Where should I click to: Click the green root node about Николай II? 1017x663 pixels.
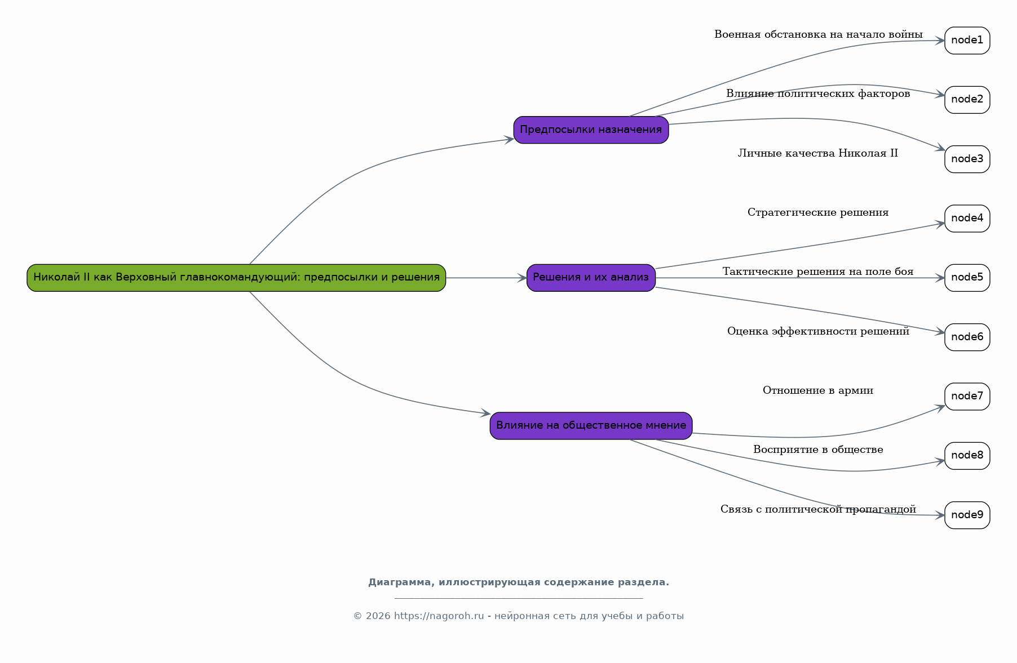(x=236, y=278)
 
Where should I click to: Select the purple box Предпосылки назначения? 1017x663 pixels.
(x=591, y=130)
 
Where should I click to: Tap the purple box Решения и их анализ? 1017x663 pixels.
(x=591, y=278)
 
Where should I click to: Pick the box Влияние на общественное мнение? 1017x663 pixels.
(x=591, y=426)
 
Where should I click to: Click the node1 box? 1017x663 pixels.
(x=967, y=41)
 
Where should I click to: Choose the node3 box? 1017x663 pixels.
(x=967, y=159)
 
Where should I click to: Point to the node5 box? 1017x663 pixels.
(x=967, y=278)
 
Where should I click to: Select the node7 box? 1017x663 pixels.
(x=967, y=397)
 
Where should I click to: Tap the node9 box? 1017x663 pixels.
(x=967, y=515)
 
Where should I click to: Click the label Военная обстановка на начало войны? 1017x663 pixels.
(x=818, y=34)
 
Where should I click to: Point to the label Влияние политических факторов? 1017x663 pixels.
(x=818, y=94)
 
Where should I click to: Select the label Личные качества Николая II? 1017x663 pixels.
(x=818, y=153)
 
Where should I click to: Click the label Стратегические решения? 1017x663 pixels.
(x=818, y=212)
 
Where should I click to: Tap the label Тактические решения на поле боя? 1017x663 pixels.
(x=818, y=272)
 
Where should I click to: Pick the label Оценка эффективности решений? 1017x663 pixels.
(x=818, y=331)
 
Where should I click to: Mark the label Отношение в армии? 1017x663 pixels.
(x=818, y=390)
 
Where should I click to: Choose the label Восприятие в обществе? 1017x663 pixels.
(x=818, y=450)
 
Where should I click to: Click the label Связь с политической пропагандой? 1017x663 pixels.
(x=818, y=509)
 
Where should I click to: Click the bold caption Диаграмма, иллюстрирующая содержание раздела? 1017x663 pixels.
(x=519, y=582)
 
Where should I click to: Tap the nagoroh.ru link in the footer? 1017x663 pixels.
(x=439, y=616)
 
